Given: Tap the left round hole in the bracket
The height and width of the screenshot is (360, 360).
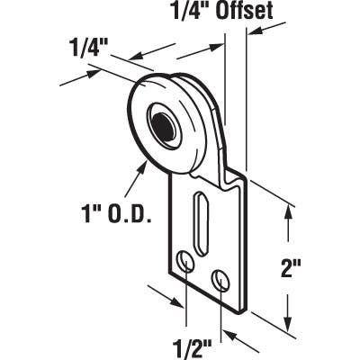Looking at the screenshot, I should [184, 261].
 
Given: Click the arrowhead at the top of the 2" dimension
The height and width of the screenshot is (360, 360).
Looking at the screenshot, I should [288, 211].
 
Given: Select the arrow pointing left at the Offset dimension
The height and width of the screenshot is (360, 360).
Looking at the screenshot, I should [256, 31].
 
